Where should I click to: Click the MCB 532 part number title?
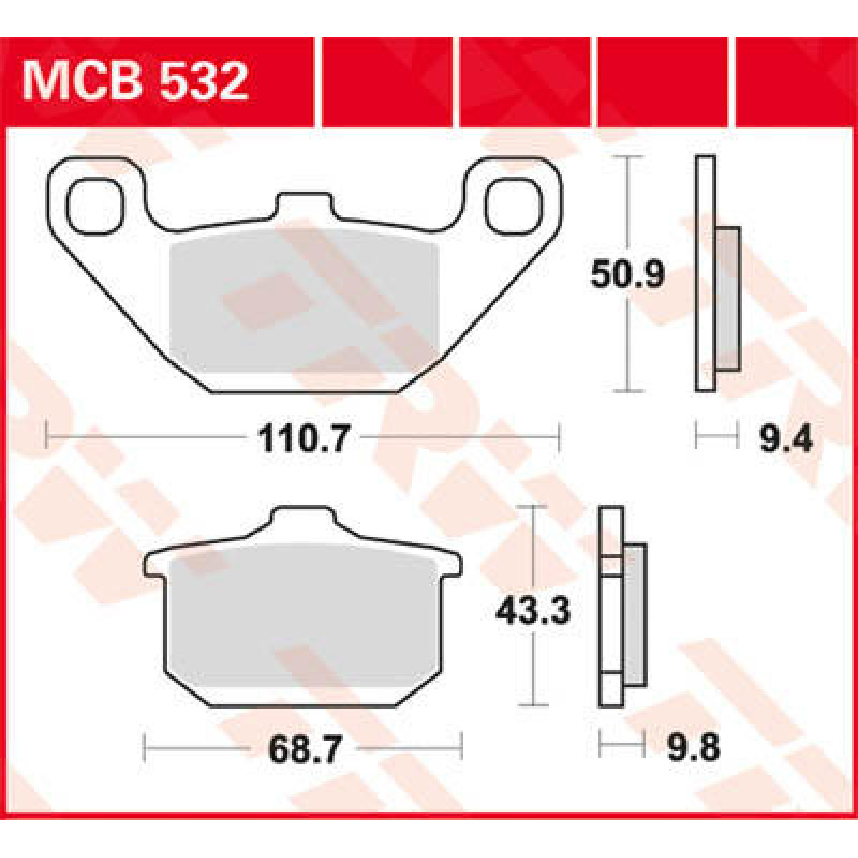(136, 82)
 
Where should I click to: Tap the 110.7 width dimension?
(304, 438)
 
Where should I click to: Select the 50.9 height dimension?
(627, 275)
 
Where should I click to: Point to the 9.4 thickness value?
(786, 438)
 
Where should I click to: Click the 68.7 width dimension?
(304, 749)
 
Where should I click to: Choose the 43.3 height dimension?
(533, 611)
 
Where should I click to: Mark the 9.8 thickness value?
(693, 749)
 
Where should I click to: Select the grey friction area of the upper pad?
(304, 304)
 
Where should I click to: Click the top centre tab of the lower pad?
(303, 521)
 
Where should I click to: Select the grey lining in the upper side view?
(727, 298)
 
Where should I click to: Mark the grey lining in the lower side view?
(634, 615)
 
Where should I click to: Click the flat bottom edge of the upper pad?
(304, 391)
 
